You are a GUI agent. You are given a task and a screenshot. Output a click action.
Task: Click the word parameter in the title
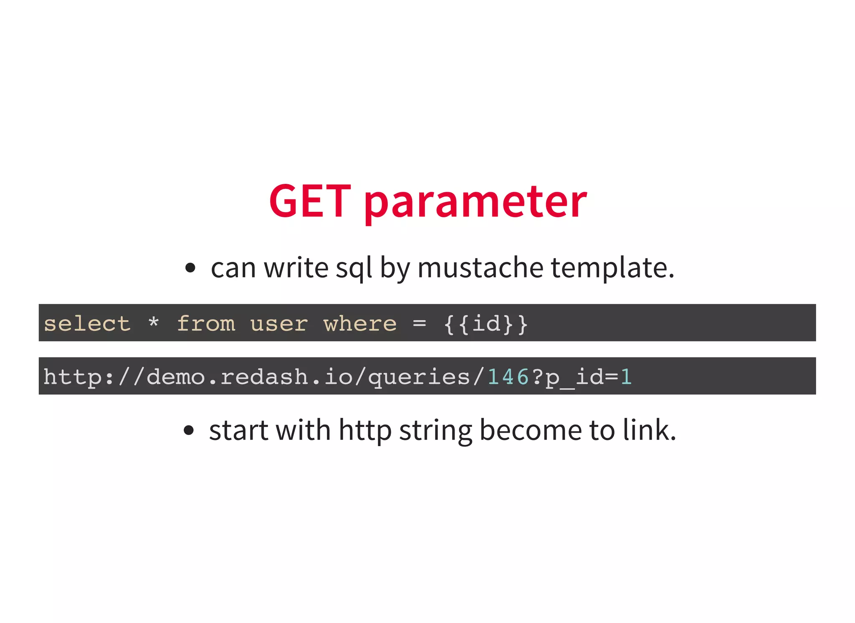[x=476, y=203]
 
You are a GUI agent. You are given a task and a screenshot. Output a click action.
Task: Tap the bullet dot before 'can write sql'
[x=190, y=268]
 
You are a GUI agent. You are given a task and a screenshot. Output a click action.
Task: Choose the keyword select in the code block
[x=87, y=324]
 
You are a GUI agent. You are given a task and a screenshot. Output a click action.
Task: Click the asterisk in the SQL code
[x=154, y=322]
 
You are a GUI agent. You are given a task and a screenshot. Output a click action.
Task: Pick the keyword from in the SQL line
[x=206, y=324]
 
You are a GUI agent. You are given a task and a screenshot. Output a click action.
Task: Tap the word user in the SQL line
[x=279, y=324]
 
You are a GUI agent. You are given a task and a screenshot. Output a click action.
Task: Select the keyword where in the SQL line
[x=360, y=324]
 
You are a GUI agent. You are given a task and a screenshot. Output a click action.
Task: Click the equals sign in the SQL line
[x=420, y=323]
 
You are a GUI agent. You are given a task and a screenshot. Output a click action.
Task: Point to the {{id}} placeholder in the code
[x=486, y=324]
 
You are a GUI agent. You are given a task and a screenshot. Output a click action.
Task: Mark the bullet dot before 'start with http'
[x=189, y=430]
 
